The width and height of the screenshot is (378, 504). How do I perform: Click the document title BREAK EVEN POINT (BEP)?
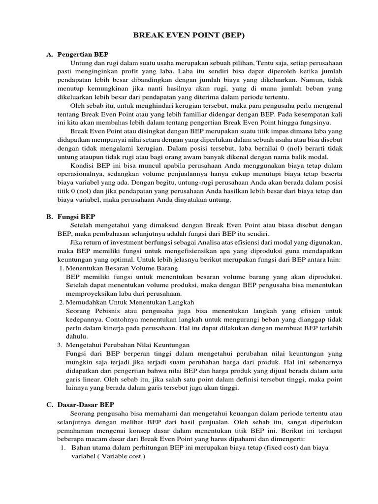coord(189,36)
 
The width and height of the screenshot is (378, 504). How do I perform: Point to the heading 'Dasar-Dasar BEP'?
coord(86,404)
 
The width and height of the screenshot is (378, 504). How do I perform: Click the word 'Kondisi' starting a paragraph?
coord(83,165)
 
